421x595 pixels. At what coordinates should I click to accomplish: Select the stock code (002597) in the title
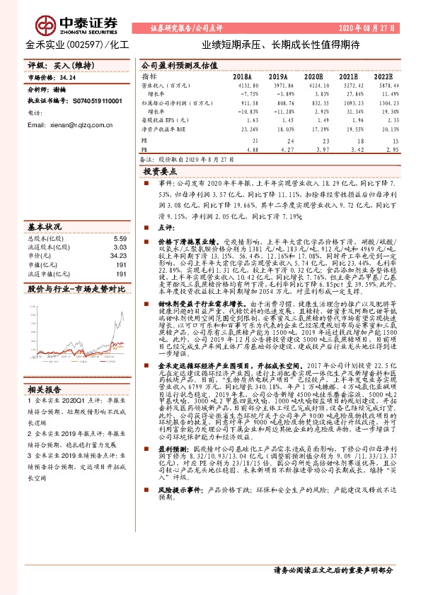(x=84, y=44)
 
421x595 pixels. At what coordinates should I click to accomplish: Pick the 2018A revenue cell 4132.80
(x=241, y=85)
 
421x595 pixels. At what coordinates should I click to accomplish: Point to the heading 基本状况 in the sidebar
(x=44, y=228)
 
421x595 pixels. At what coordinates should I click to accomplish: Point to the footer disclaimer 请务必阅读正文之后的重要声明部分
(x=332, y=570)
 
